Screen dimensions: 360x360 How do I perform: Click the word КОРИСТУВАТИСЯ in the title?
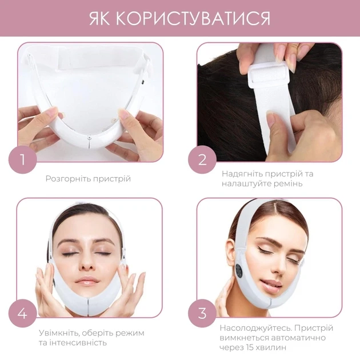(193, 18)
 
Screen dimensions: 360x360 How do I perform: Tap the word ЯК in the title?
(99, 18)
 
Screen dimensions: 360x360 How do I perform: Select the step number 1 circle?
(22, 159)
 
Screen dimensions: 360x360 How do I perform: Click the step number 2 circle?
(202, 159)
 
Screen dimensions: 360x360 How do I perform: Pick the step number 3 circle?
(202, 313)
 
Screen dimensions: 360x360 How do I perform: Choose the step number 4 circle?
(22, 313)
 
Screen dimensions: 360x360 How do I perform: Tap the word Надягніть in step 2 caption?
(242, 174)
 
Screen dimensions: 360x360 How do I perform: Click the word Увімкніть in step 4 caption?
(59, 333)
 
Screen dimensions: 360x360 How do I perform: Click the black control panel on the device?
(239, 271)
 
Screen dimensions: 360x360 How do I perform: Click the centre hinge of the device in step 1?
(90, 138)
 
